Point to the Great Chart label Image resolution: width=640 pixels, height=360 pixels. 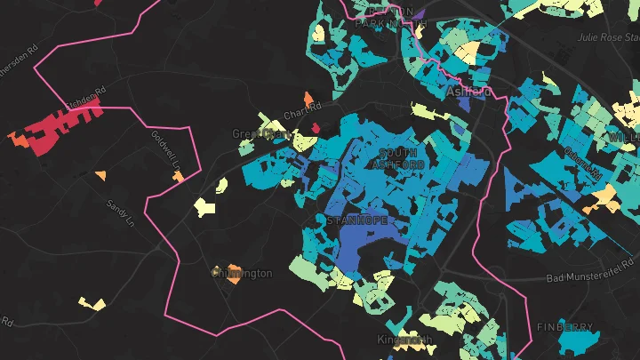pos(260,134)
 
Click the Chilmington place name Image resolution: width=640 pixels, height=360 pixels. pos(242,273)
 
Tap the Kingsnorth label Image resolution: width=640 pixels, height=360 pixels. pos(404,340)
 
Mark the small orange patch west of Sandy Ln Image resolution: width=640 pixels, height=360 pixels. pos(100,174)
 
